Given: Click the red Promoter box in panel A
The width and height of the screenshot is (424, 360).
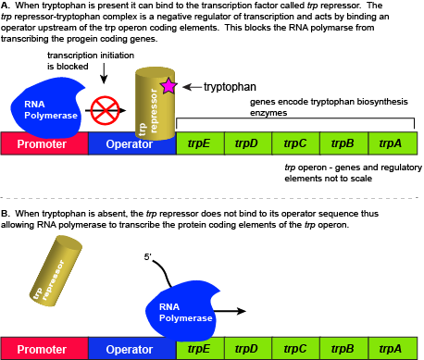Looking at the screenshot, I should pos(44,143).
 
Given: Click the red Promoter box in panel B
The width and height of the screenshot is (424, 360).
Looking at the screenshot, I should pos(44,349).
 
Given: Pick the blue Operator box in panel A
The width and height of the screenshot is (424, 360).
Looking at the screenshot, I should pos(131,143).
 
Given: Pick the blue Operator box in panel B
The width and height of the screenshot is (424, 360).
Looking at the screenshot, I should pos(131,349).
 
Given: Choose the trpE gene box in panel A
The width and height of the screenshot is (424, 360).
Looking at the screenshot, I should pos(199,143).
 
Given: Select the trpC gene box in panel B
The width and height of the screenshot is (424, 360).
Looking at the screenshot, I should pos(295,349).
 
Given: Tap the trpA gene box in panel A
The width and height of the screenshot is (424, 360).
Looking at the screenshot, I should pos(393,143).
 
